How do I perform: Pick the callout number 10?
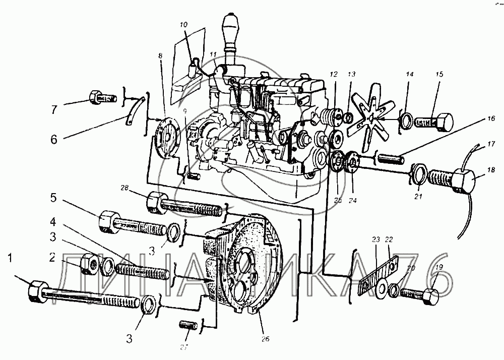click(183, 25)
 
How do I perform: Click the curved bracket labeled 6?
click(134, 108)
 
